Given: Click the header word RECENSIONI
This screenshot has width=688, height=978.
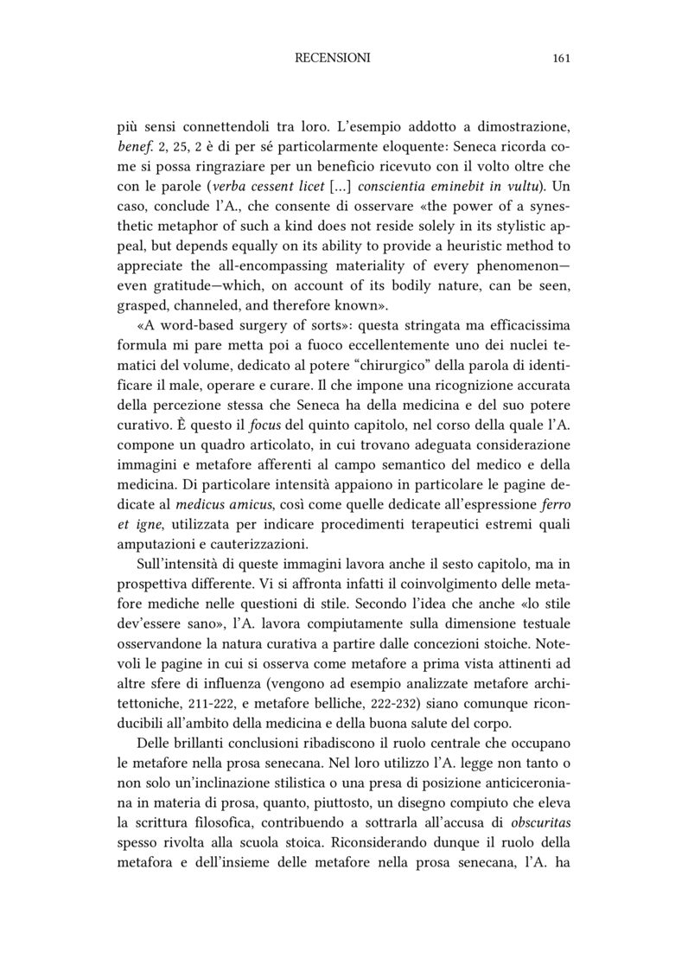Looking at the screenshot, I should [x=333, y=59].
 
